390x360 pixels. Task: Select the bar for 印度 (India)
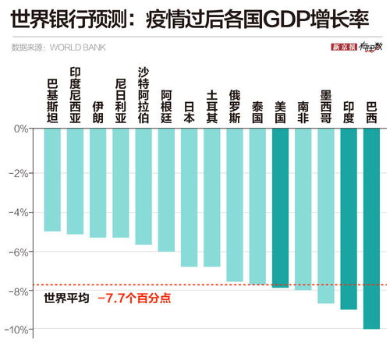tap(349, 218)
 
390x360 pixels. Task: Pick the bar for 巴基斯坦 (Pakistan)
tap(52, 179)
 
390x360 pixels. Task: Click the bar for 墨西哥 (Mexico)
tap(326, 215)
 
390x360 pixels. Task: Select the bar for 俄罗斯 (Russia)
tap(235, 204)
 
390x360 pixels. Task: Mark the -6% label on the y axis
tap(22, 252)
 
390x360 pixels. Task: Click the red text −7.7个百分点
tap(133, 298)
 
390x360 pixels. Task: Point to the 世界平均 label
tap(66, 298)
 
